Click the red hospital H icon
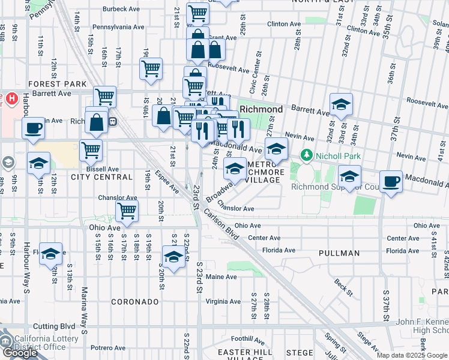click(10, 98)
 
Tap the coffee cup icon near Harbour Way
click(33, 128)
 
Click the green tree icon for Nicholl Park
click(307, 156)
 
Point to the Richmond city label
click(261, 110)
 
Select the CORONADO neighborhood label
click(134, 302)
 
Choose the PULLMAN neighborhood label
click(339, 254)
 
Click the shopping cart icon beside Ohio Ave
click(127, 211)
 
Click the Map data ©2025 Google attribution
click(411, 355)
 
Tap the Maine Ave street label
click(221, 277)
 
